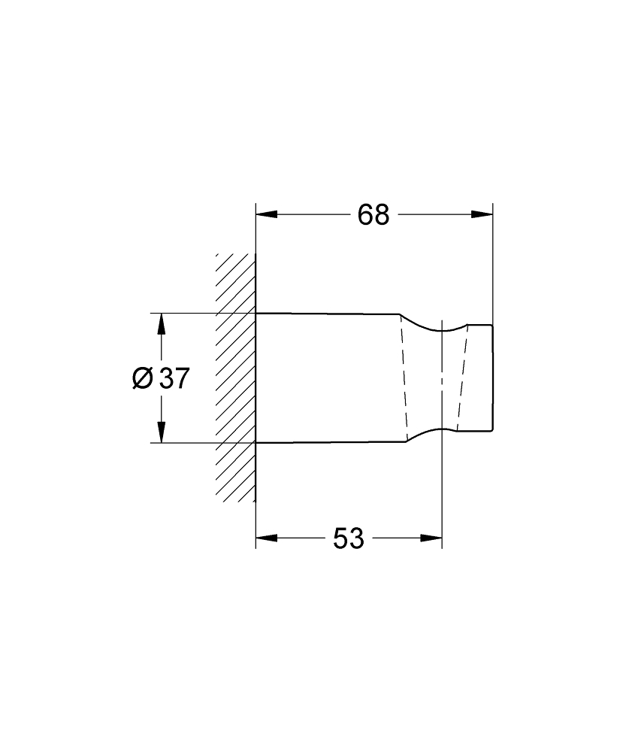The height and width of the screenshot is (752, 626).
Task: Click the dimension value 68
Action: pos(373,215)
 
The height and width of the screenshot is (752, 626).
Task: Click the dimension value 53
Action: pos(348,538)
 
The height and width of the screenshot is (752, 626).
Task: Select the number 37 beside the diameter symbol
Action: pos(174,378)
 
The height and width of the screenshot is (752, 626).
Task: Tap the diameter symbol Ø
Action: pos(142,378)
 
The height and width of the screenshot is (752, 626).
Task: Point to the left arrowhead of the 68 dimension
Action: pos(266,215)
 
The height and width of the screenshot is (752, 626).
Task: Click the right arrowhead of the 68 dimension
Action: pos(482,215)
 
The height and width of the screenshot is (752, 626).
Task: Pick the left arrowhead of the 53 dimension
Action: pos(266,538)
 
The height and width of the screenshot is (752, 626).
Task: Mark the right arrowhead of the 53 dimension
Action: pos(432,538)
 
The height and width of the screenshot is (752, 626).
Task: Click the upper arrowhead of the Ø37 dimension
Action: pos(160,324)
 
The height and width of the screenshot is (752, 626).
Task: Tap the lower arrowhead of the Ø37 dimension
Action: pos(160,432)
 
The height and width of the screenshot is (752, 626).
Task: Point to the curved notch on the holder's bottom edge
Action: pos(436,430)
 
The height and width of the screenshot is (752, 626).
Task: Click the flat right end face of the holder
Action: pos(493,378)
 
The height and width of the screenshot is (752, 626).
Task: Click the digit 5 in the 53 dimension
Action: pos(339,538)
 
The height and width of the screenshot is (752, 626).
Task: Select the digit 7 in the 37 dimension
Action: pos(181,378)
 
